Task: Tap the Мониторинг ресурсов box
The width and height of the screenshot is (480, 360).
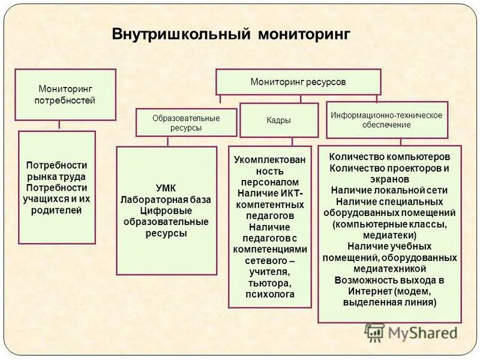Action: pyautogui.click(x=298, y=81)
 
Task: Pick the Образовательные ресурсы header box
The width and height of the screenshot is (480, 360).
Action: pyautogui.click(x=185, y=122)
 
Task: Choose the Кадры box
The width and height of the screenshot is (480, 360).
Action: pyautogui.click(x=278, y=120)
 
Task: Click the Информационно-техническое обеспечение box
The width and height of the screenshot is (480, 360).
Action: pyautogui.click(x=386, y=119)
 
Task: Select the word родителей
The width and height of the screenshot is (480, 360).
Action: pyautogui.click(x=56, y=210)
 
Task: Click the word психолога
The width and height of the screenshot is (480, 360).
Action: pyautogui.click(x=269, y=295)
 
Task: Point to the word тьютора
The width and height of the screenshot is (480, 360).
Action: pyautogui.click(x=269, y=283)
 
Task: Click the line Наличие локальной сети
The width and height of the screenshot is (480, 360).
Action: pyautogui.click(x=389, y=190)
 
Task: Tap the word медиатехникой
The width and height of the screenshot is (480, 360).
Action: pyautogui.click(x=389, y=268)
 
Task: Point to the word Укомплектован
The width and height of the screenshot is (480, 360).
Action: pyautogui.click(x=269, y=159)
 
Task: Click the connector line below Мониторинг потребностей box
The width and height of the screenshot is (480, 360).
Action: pyautogui.click(x=59, y=125)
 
